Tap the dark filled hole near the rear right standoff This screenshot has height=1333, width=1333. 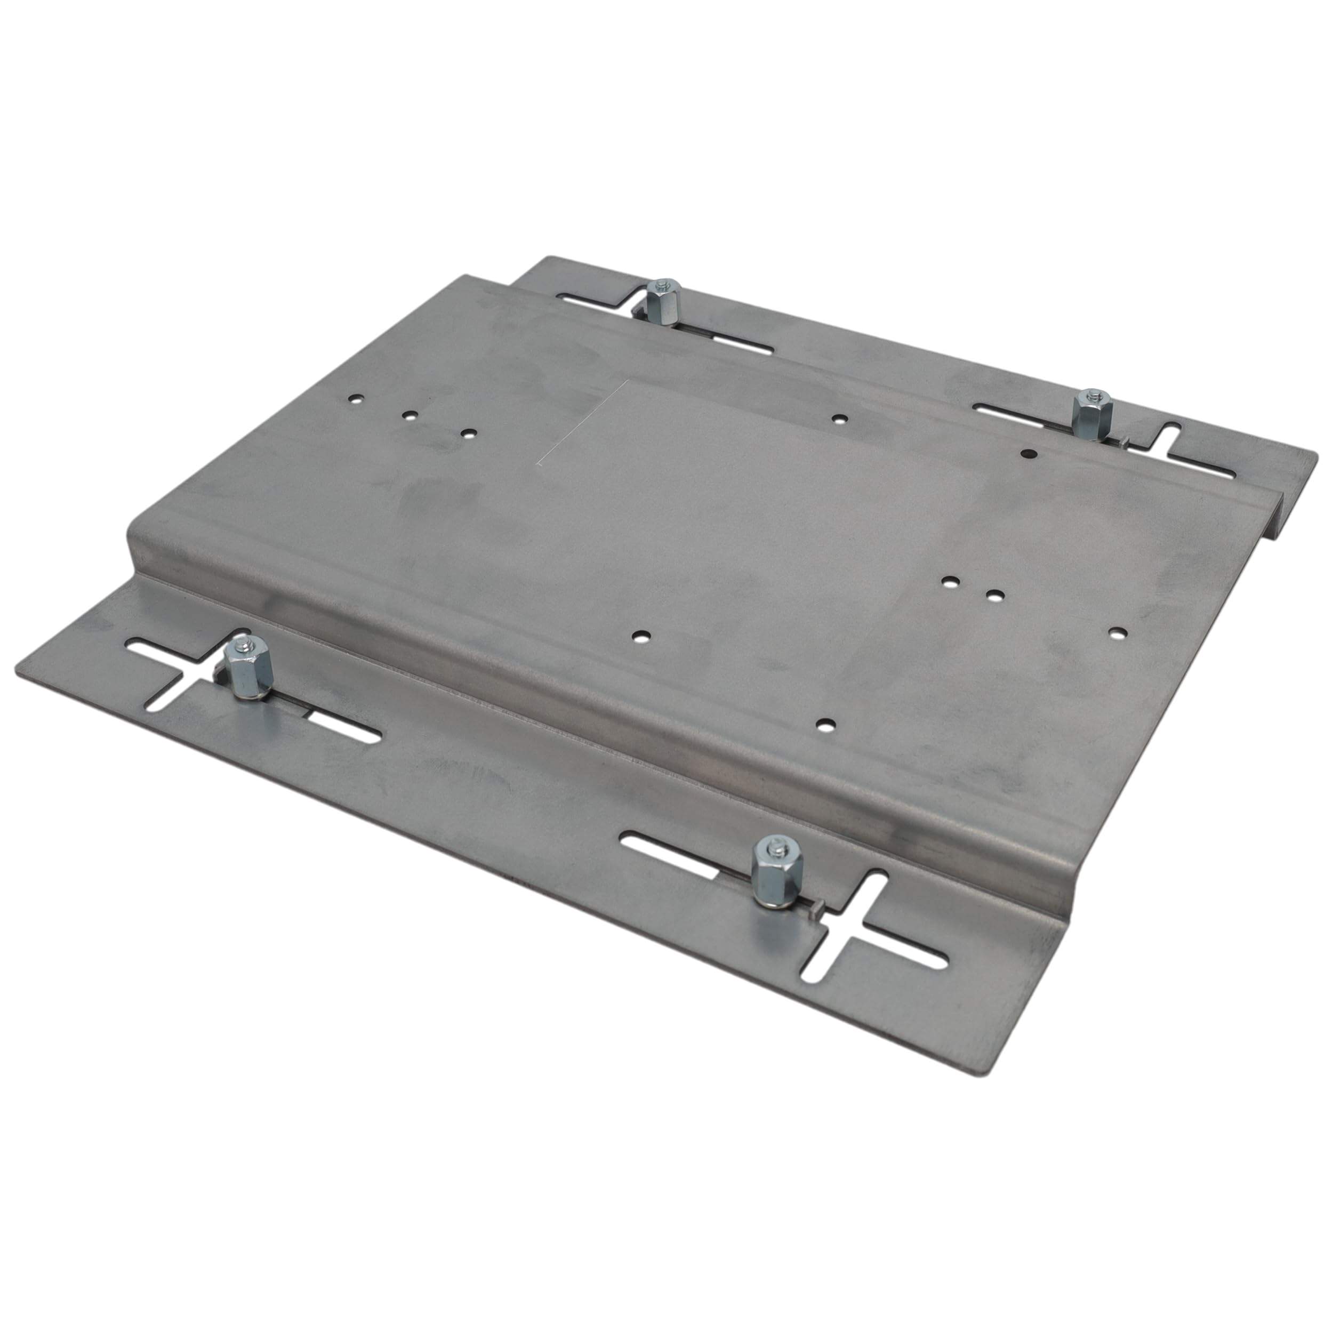pos(1028,453)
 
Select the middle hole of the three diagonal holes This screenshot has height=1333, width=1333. pos(411,415)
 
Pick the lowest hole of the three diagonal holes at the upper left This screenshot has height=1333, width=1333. pos(469,434)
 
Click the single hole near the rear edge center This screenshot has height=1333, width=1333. pos(839,418)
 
